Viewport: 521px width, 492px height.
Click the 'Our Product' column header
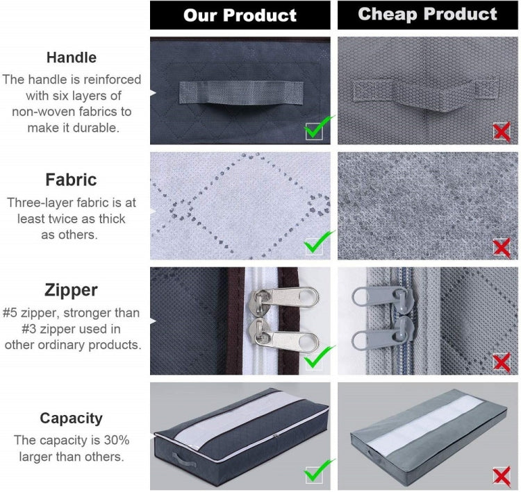(240, 15)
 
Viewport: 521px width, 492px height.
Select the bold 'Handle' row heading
(71, 58)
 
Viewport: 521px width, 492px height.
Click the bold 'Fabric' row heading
(71, 180)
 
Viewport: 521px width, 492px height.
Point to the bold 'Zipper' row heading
(71, 290)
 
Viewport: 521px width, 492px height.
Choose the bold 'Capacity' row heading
(71, 418)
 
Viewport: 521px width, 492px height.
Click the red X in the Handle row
(502, 130)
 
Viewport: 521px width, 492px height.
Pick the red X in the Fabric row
(502, 246)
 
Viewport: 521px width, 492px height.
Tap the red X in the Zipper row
(502, 362)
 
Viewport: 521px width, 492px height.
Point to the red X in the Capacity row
(502, 475)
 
